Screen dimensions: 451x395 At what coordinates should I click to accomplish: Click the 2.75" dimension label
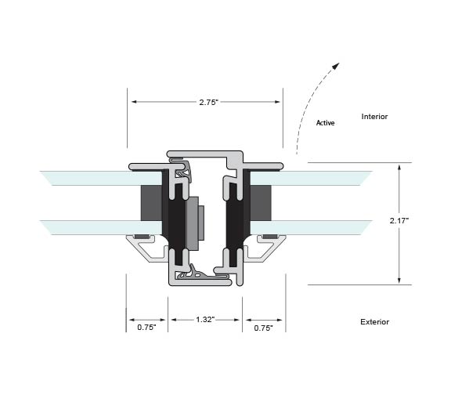[209, 102]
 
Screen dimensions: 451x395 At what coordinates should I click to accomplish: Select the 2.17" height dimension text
[399, 220]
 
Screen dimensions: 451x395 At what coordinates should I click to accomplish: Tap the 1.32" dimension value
[205, 319]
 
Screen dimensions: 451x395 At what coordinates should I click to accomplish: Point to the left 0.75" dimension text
[146, 328]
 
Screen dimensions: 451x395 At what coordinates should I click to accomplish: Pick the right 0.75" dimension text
[263, 328]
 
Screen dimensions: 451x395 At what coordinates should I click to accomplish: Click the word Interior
[374, 117]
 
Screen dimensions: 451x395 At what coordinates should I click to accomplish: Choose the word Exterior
[374, 322]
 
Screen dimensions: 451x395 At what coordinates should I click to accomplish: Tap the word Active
[325, 123]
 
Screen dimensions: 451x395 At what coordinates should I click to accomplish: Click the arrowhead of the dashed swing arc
[336, 66]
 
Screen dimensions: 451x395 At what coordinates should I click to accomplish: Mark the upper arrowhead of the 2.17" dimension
[399, 167]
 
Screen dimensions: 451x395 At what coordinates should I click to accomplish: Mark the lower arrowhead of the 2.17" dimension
[399, 281]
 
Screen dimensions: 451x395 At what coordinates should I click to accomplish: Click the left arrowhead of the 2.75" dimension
[134, 102]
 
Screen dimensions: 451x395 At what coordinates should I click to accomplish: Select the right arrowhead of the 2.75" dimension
[277, 102]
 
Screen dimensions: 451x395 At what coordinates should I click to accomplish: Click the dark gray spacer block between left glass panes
[151, 203]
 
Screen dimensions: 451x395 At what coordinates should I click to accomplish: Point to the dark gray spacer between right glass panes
[261, 203]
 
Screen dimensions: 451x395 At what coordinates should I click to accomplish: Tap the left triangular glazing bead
[147, 248]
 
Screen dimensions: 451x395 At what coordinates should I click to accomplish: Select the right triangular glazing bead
[265, 248]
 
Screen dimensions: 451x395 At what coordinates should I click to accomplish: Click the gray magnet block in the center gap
[193, 223]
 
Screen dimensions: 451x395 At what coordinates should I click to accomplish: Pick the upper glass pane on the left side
[101, 178]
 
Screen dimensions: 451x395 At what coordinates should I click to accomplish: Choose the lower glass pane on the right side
[311, 227]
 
